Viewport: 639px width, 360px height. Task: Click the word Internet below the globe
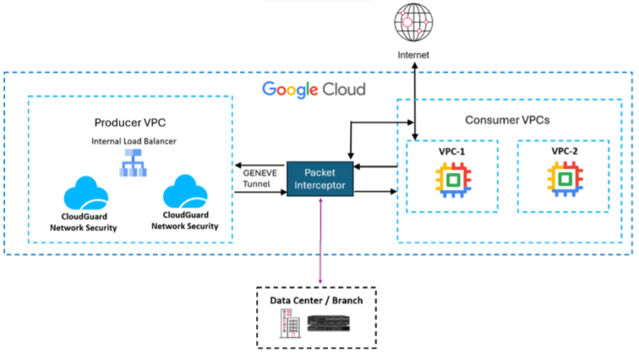[415, 56]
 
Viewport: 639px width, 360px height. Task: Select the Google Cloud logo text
[314, 88]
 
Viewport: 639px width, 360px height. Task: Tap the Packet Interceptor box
[319, 178]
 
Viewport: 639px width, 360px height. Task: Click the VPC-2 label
[565, 152]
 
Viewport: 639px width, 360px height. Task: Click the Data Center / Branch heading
[316, 300]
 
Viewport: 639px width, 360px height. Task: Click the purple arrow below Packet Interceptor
[319, 241]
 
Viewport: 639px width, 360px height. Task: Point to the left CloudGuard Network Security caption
[85, 222]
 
